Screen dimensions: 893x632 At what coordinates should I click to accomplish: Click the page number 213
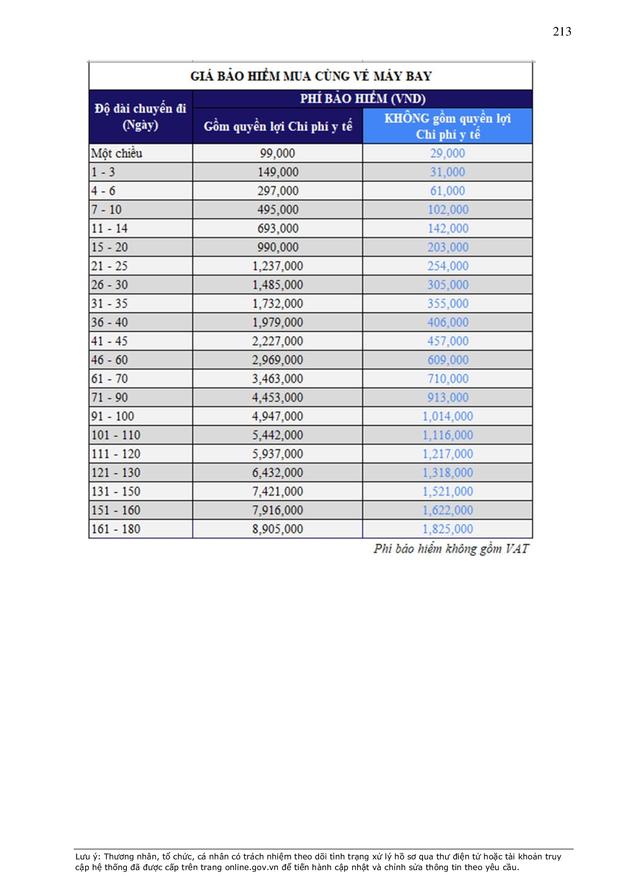tap(562, 31)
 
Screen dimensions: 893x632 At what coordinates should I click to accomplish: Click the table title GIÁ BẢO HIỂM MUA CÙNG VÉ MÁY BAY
tap(311, 76)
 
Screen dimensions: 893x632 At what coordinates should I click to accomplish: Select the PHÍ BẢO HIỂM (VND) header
tap(362, 99)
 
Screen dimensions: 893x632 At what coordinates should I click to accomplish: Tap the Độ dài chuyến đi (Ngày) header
tap(141, 116)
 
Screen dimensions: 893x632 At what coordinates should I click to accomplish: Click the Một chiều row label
tap(117, 153)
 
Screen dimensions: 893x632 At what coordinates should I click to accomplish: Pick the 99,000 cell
tap(277, 153)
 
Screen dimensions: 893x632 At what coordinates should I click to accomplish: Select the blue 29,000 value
tap(447, 153)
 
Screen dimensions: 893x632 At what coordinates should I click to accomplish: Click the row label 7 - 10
tap(107, 210)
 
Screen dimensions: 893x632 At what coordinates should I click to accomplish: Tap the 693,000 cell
tap(277, 228)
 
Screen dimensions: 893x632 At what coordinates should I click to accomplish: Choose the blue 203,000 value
tap(448, 248)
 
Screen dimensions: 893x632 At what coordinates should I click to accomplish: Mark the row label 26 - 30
tap(109, 285)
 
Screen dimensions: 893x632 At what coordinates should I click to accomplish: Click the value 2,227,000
tap(277, 341)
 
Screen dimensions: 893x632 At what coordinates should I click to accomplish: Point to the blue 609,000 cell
tap(448, 360)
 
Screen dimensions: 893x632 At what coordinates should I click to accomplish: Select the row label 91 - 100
tap(112, 416)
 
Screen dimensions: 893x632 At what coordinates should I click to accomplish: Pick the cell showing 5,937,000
tap(277, 454)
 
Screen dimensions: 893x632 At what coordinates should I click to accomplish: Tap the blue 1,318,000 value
tap(447, 472)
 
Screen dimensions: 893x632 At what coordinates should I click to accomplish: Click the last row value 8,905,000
tap(277, 529)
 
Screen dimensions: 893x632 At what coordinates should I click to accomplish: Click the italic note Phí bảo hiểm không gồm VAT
tap(451, 549)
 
